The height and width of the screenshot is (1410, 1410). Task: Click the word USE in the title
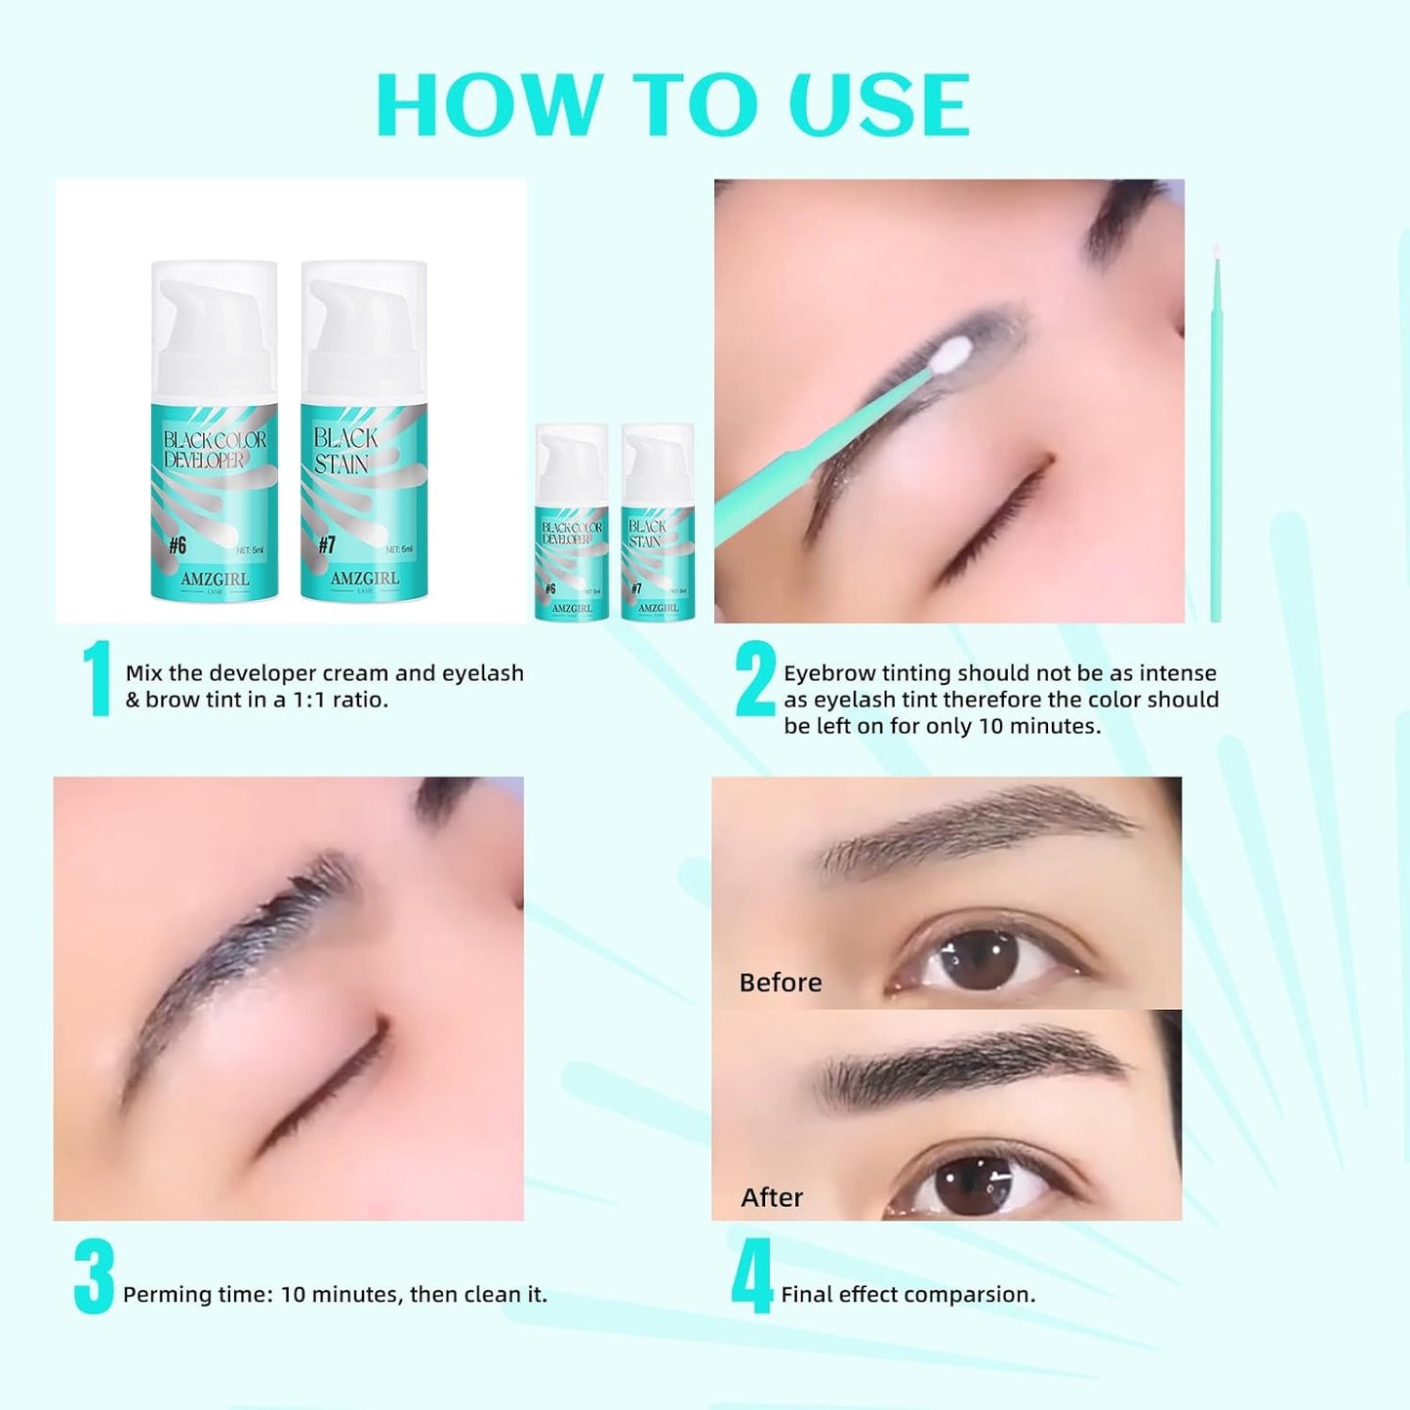(879, 105)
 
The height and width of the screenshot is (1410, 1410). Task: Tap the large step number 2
(755, 679)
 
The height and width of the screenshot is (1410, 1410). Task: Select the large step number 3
(94, 1276)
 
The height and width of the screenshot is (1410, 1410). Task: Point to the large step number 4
(751, 1276)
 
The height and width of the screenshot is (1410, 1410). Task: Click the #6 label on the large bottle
(177, 545)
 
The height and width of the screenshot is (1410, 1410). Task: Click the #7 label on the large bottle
(327, 545)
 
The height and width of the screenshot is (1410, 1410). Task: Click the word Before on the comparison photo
(780, 983)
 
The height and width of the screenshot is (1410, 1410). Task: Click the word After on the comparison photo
(771, 1197)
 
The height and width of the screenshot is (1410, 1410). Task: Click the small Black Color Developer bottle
(572, 522)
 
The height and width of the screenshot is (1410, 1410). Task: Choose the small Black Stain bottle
(658, 522)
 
